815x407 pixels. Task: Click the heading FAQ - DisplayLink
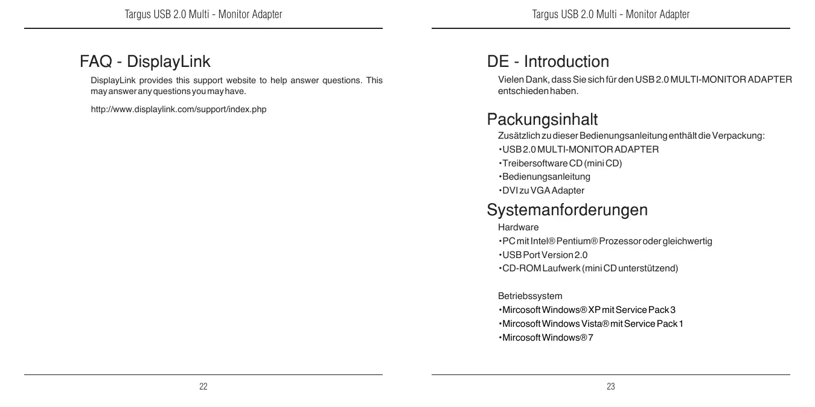[x=145, y=62]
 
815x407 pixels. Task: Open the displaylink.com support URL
[x=178, y=109]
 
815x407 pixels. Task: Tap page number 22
[x=203, y=386]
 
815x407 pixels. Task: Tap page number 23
[x=611, y=386]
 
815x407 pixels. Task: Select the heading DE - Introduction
[x=548, y=62]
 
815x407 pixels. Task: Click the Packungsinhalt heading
[x=542, y=119]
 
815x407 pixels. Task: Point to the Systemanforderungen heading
[x=567, y=210]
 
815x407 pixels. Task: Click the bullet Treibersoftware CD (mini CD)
[x=561, y=163]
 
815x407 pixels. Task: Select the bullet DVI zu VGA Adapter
[x=543, y=191]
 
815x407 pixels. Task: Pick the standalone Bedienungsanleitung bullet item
[x=537, y=177]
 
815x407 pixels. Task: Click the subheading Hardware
[x=518, y=227]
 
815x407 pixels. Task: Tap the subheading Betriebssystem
[x=529, y=296]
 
